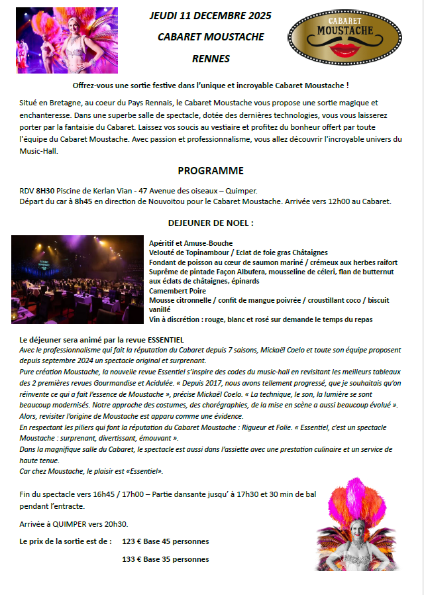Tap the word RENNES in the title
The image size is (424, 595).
(x=211, y=58)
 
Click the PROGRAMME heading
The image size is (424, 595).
(x=211, y=170)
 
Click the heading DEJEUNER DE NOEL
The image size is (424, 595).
(x=211, y=223)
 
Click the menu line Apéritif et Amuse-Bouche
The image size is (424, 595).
(x=191, y=243)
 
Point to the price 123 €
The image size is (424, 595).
(x=132, y=541)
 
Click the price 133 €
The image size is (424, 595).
(x=132, y=559)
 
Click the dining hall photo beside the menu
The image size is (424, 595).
(x=79, y=279)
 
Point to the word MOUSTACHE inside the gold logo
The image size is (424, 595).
(x=343, y=30)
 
